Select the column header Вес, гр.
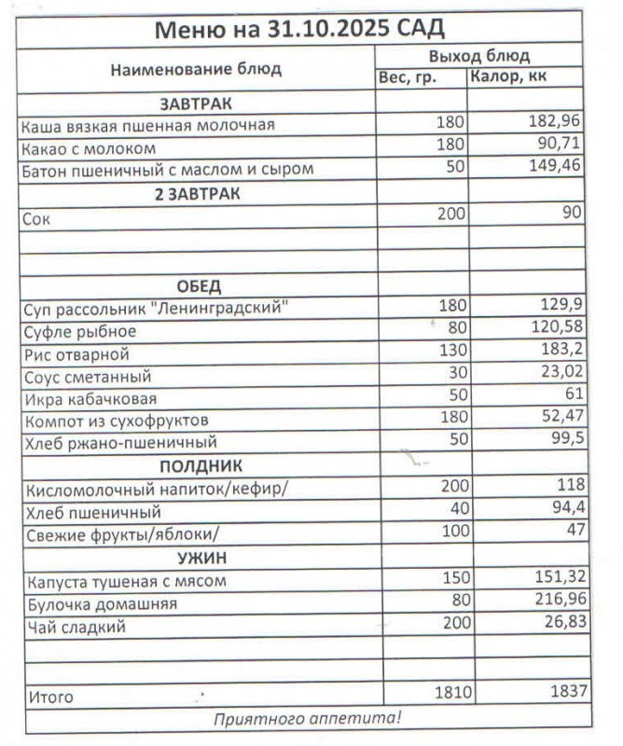pyautogui.click(x=407, y=78)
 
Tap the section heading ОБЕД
pyautogui.click(x=198, y=285)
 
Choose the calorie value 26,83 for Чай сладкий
pyautogui.click(x=560, y=625)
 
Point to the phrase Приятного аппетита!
pyautogui.click(x=308, y=718)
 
